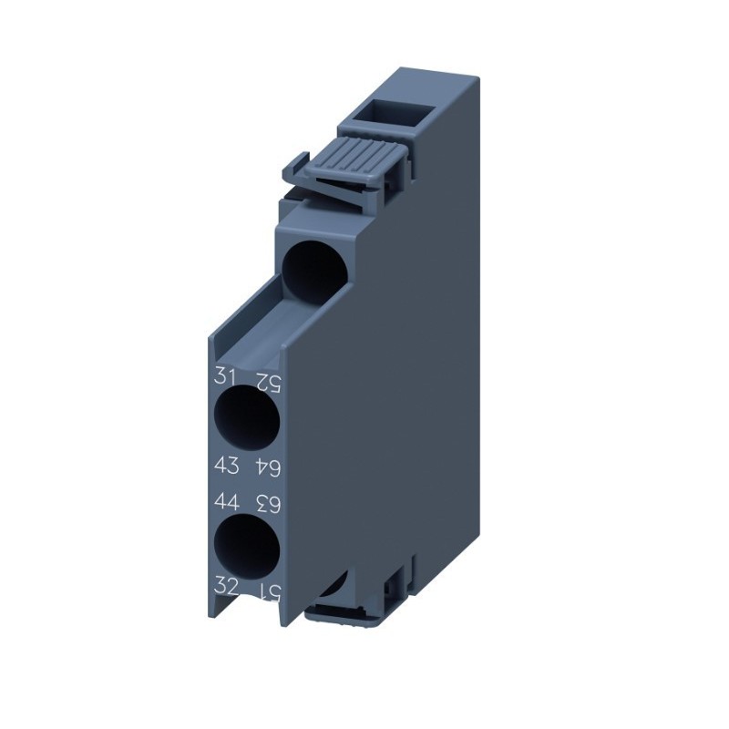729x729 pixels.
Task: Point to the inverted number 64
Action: coord(265,467)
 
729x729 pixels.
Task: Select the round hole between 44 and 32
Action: coord(246,545)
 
